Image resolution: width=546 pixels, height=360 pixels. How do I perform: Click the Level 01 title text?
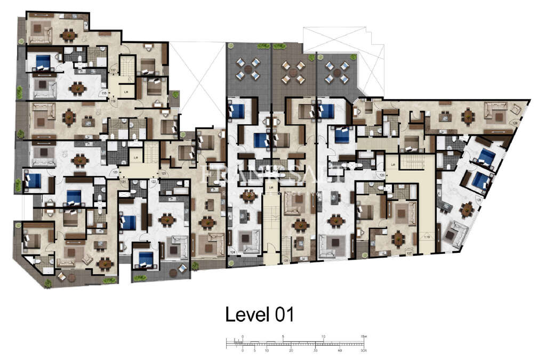pos(260,314)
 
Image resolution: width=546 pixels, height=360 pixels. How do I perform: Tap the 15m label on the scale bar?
pos(363,337)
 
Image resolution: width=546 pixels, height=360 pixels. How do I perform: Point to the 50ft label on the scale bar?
pos(364,350)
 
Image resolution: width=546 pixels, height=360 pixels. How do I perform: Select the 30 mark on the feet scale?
pos(316,350)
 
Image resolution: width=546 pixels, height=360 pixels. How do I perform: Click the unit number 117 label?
pos(113,70)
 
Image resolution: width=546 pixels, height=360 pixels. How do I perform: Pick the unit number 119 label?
pos(113,100)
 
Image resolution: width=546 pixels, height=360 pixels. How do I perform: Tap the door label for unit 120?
pos(114,172)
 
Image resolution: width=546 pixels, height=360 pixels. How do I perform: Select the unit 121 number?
pos(123,182)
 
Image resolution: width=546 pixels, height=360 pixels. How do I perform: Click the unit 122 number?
pos(154,182)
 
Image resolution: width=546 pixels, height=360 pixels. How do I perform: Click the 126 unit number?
pos(381,174)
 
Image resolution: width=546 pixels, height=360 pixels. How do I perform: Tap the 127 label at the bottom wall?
pos(409,253)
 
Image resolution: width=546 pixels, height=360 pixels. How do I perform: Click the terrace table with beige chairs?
pos(293,72)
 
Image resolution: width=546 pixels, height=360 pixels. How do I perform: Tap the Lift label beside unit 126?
pos(394,165)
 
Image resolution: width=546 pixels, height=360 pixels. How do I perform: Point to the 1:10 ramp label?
pos(427,236)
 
